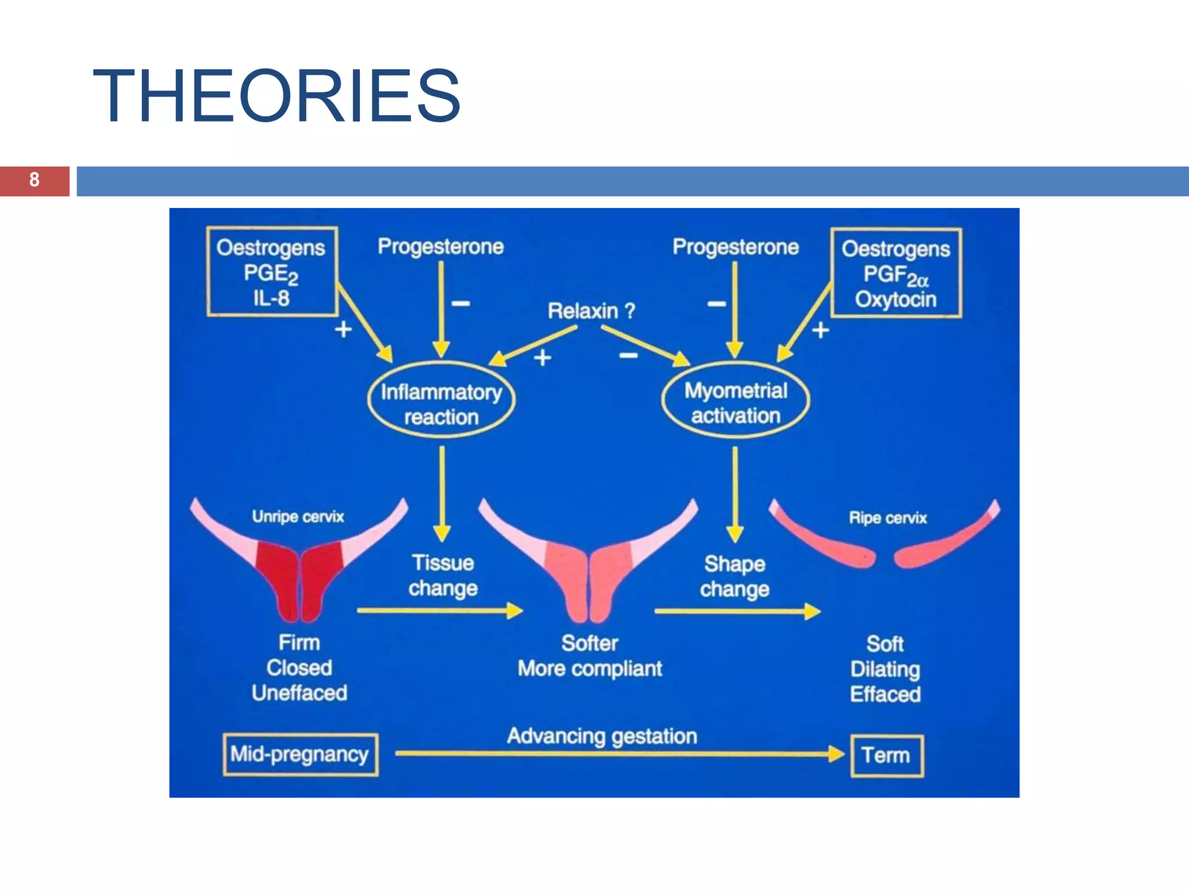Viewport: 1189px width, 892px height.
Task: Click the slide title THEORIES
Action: (276, 96)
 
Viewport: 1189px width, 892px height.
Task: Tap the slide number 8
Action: (34, 180)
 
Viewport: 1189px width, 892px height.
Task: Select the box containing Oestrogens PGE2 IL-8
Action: (272, 272)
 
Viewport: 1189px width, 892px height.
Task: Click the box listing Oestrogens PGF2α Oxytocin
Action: (895, 273)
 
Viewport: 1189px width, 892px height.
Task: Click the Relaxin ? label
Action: (591, 311)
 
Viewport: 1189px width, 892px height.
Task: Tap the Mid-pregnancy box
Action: (300, 754)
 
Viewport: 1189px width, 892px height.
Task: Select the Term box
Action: (886, 756)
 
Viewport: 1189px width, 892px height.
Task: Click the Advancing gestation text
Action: (602, 736)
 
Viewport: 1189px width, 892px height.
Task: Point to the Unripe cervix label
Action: (298, 516)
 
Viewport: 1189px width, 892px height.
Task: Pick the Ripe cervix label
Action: (887, 517)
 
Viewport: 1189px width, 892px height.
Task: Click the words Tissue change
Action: (442, 576)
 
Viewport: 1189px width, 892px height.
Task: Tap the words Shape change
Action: (734, 577)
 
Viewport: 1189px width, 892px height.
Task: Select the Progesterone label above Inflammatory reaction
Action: (441, 247)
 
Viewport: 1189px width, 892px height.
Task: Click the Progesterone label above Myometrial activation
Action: (736, 247)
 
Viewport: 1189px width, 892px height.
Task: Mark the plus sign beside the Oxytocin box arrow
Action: (820, 330)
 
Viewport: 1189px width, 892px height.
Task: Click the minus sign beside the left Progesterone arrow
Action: (460, 303)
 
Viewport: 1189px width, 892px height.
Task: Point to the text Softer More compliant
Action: (589, 656)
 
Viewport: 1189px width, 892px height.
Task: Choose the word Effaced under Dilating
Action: (885, 695)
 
